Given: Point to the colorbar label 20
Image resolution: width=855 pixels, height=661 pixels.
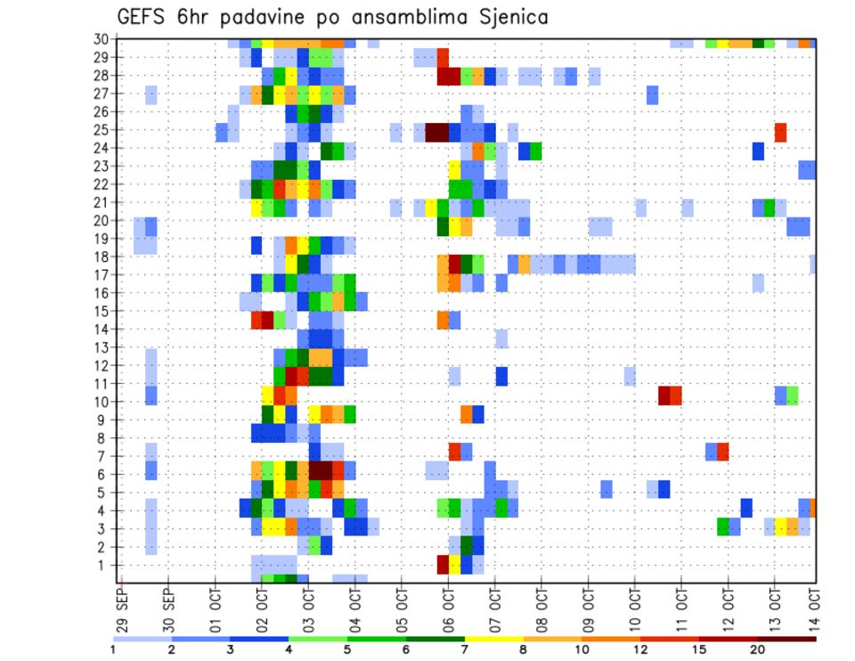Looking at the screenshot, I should (x=757, y=649).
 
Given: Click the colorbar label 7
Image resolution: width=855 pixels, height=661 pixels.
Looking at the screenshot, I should (x=464, y=649).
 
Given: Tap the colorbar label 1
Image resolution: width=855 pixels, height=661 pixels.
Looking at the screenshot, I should (x=114, y=649).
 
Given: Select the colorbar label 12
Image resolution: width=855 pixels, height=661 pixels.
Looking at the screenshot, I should (x=640, y=649).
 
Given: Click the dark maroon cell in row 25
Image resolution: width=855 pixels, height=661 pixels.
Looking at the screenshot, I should (x=437, y=132).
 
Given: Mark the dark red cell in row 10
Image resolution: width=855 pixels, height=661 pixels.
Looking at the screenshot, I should (x=664, y=395).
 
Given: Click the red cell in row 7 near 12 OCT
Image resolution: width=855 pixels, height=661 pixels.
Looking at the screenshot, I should (x=723, y=451).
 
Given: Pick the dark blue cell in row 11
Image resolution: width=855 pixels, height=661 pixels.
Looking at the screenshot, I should (x=501, y=376).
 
